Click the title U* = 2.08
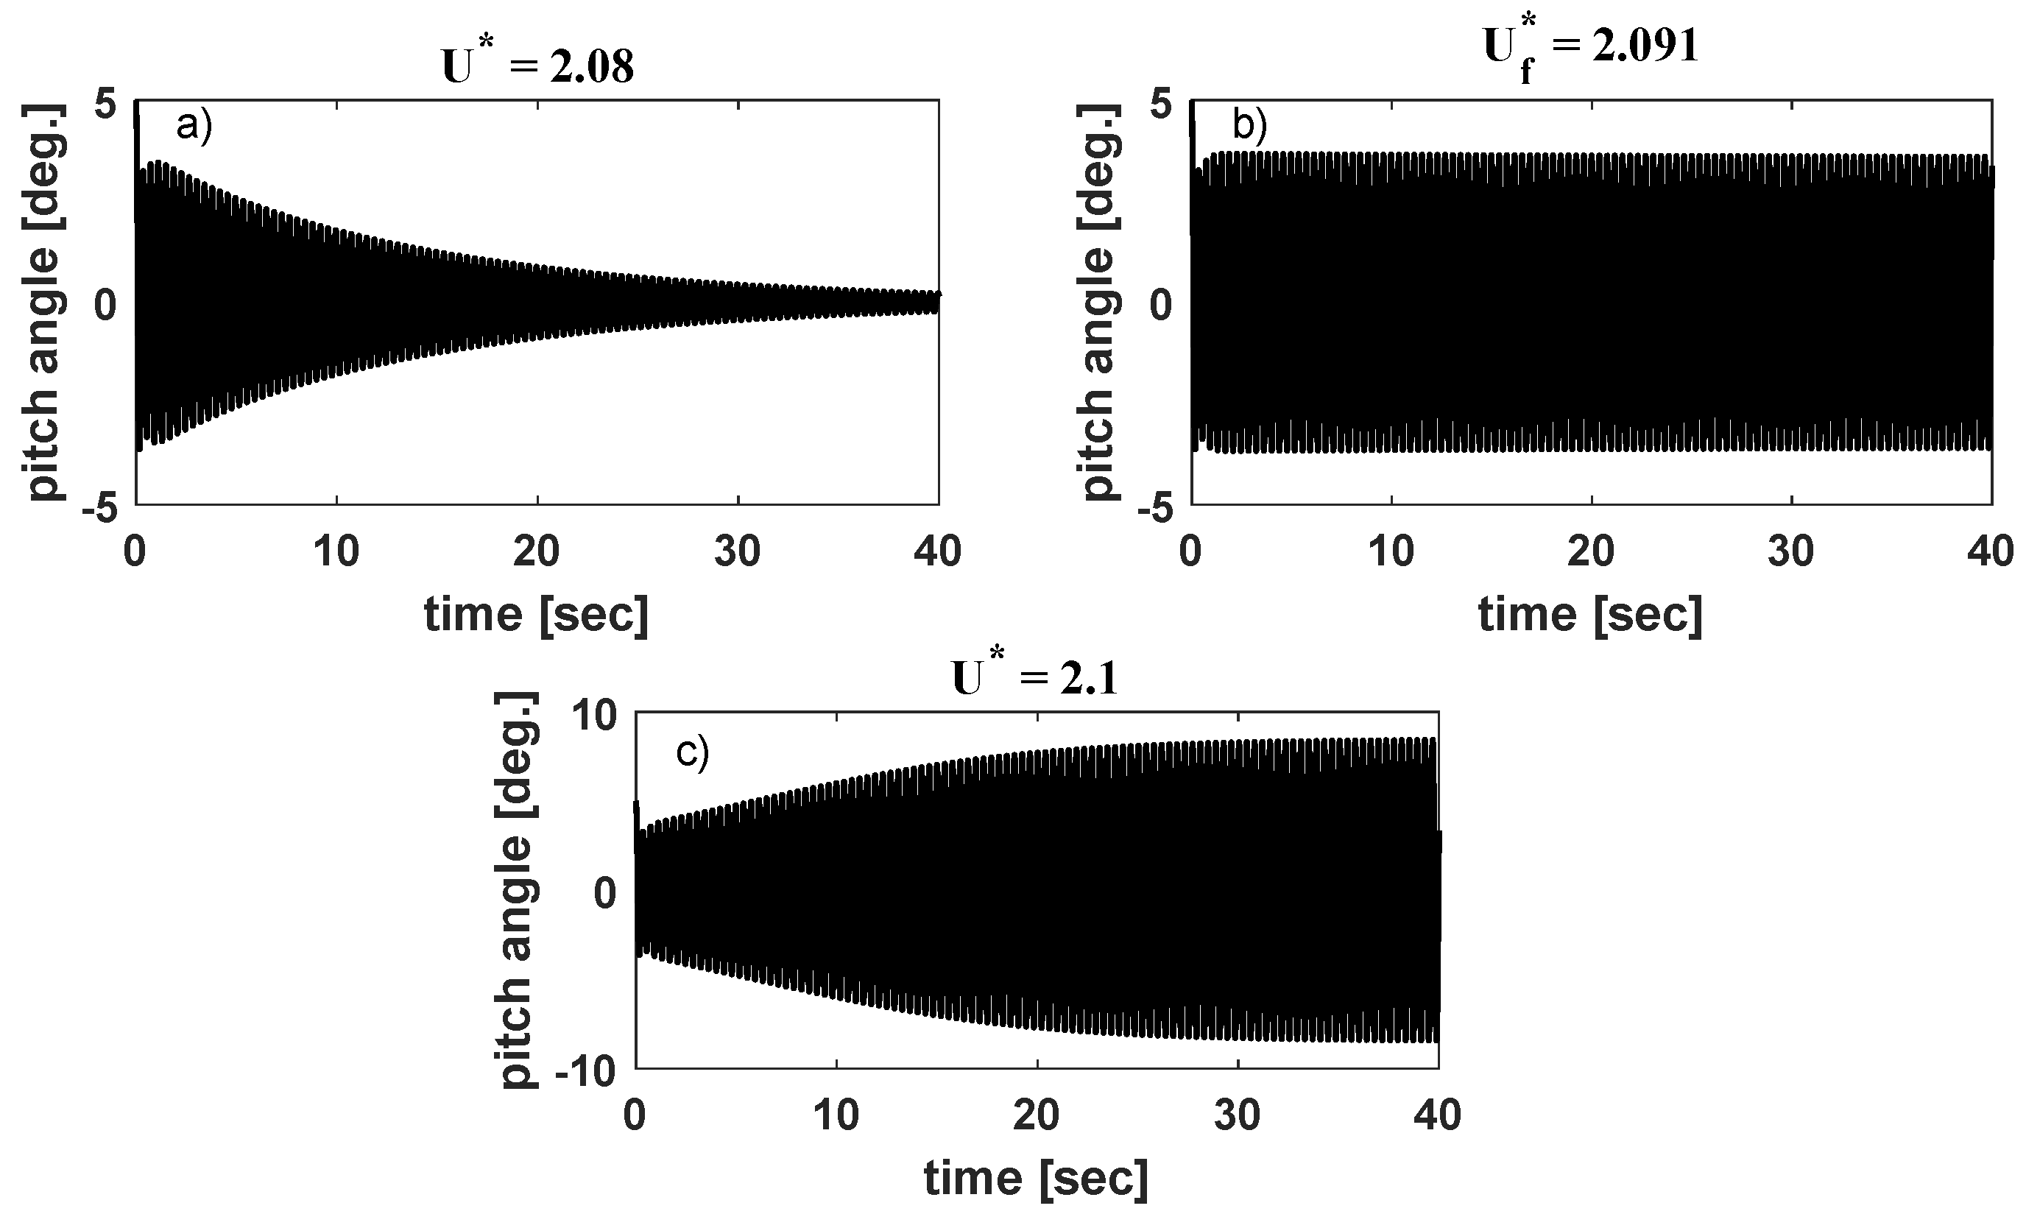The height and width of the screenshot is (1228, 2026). pyautogui.click(x=537, y=66)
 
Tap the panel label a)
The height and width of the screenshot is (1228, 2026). pyautogui.click(x=195, y=127)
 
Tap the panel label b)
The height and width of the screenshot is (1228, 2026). pyautogui.click(x=1250, y=127)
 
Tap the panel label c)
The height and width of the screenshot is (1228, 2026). pyautogui.click(x=692, y=752)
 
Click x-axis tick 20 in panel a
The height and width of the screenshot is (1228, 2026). pyautogui.click(x=536, y=551)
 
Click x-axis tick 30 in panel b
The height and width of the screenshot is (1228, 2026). pyautogui.click(x=1791, y=551)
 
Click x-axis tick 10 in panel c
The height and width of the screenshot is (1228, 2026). pyautogui.click(x=836, y=1116)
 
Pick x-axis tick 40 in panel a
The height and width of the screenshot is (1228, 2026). pyautogui.click(x=937, y=551)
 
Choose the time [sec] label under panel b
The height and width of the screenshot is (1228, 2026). pyautogui.click(x=1590, y=615)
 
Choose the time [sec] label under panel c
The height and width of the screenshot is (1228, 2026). pyautogui.click(x=1036, y=1179)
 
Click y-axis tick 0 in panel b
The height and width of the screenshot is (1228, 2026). pyautogui.click(x=1160, y=305)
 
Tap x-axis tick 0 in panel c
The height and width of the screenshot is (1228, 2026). pyautogui.click(x=635, y=1116)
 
